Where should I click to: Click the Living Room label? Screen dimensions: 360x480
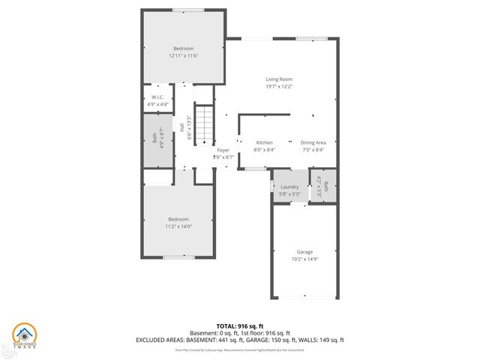[x=278, y=79]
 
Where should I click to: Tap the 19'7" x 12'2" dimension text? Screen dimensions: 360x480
[x=278, y=86]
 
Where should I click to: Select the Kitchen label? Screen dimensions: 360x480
[x=264, y=142]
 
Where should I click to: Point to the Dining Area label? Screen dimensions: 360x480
[x=313, y=142]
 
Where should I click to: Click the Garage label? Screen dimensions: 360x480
[x=304, y=252]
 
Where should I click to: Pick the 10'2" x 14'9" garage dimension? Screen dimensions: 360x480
[x=304, y=259]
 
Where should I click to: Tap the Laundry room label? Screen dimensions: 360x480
[x=289, y=187]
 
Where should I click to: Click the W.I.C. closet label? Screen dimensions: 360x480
[x=158, y=97]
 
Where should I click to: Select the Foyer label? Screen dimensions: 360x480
[x=223, y=150]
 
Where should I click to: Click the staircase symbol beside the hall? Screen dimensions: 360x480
[x=205, y=123]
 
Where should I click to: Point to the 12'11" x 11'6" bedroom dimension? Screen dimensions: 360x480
[x=183, y=55]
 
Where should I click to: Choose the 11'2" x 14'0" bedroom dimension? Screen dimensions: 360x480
[x=178, y=226]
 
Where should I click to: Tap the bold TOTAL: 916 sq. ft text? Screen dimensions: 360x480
[x=240, y=325]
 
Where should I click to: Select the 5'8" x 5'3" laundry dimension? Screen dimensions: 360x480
[x=289, y=194]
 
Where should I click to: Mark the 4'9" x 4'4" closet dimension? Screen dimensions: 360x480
[x=158, y=104]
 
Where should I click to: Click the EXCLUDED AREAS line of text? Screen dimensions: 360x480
[x=240, y=340]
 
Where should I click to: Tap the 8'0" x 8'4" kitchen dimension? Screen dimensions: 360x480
[x=264, y=150]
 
